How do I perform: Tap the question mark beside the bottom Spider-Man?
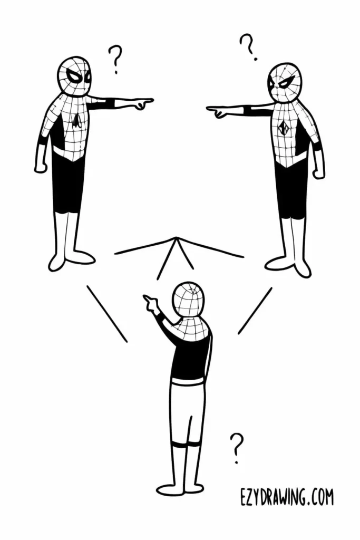pyautogui.click(x=238, y=447)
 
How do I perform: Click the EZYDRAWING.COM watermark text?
pyautogui.click(x=286, y=497)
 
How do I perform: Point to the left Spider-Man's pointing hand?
pyautogui.click(x=141, y=102)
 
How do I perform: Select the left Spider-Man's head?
pyautogui.click(x=74, y=77)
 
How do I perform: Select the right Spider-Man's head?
pyautogui.click(x=285, y=82)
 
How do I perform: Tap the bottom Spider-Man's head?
pyautogui.click(x=188, y=299)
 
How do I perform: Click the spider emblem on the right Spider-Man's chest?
pyautogui.click(x=284, y=128)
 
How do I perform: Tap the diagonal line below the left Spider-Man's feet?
pyautogui.click(x=107, y=314)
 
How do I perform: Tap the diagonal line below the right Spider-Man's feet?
pyautogui.click(x=255, y=311)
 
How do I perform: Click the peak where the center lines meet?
pyautogui.click(x=176, y=239)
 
